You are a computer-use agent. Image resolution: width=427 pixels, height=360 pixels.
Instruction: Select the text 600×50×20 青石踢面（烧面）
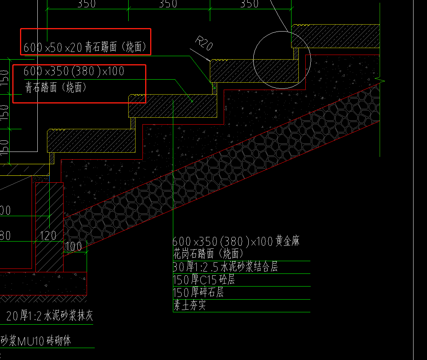click(x=85, y=47)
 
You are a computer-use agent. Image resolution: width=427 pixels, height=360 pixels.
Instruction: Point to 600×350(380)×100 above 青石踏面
click(x=74, y=71)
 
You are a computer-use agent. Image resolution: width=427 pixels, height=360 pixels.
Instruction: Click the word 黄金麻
click(x=287, y=242)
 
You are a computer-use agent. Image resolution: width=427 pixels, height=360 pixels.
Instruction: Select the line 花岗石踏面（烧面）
click(x=208, y=253)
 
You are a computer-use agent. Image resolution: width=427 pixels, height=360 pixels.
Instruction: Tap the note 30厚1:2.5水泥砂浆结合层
click(x=225, y=267)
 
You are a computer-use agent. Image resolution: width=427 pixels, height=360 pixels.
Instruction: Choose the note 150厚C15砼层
click(x=204, y=280)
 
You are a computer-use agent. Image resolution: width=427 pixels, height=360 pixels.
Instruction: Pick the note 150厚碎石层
click(x=198, y=293)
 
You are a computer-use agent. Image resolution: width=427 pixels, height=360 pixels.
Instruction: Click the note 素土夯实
click(x=189, y=306)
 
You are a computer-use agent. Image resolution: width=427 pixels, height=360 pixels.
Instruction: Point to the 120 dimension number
click(x=48, y=235)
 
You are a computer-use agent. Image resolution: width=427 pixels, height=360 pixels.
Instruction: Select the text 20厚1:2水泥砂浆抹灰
click(x=50, y=317)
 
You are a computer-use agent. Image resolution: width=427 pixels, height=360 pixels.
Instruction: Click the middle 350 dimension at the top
click(x=168, y=4)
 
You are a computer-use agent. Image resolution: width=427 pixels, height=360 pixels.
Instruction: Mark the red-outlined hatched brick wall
click(x=50, y=227)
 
